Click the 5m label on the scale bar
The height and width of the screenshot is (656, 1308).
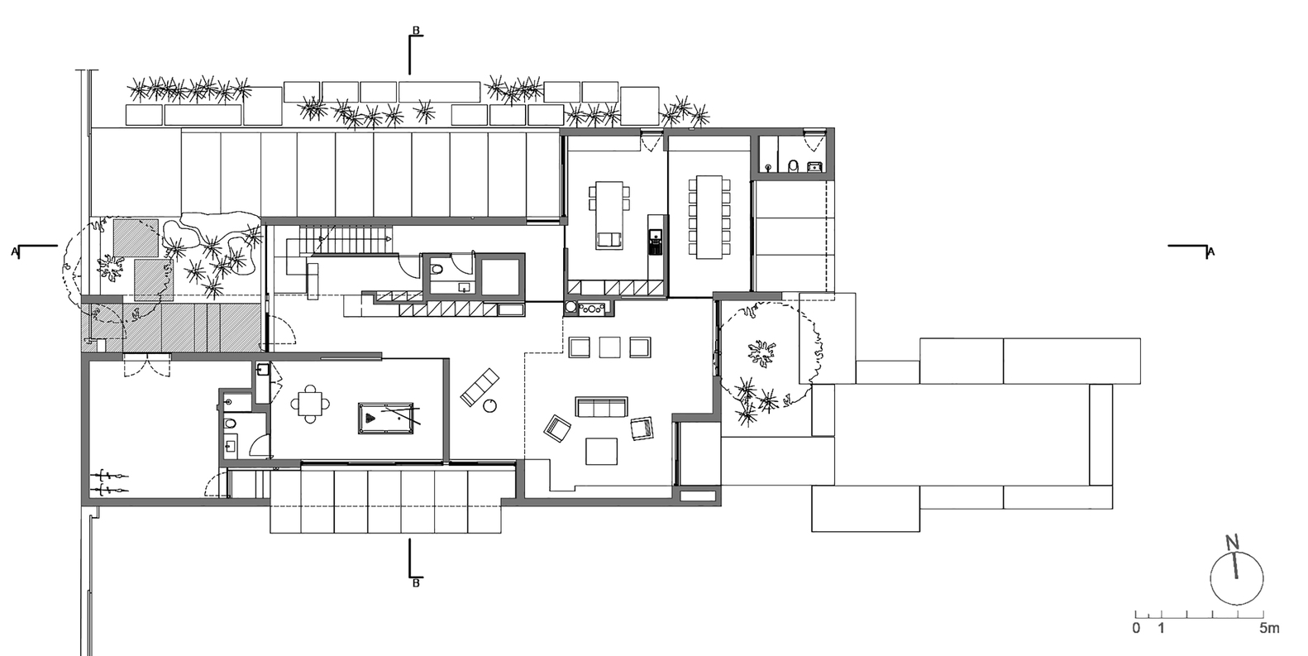[x=1269, y=629]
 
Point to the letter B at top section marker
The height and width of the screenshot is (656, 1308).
[x=416, y=31]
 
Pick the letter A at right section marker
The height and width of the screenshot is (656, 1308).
[x=1210, y=252]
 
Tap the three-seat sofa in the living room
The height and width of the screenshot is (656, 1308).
[x=601, y=406]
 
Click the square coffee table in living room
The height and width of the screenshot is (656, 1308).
[x=601, y=451]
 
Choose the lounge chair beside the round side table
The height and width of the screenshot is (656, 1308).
[x=480, y=386]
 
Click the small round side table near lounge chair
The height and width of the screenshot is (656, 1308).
[x=491, y=405]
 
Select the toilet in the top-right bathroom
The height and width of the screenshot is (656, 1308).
[x=792, y=166]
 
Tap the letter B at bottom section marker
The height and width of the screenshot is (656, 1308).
[x=416, y=584]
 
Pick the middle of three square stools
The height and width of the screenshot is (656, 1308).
[x=610, y=347]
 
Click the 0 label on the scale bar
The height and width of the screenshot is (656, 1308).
[x=1136, y=629]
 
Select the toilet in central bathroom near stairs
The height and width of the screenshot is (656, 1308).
[x=437, y=268]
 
